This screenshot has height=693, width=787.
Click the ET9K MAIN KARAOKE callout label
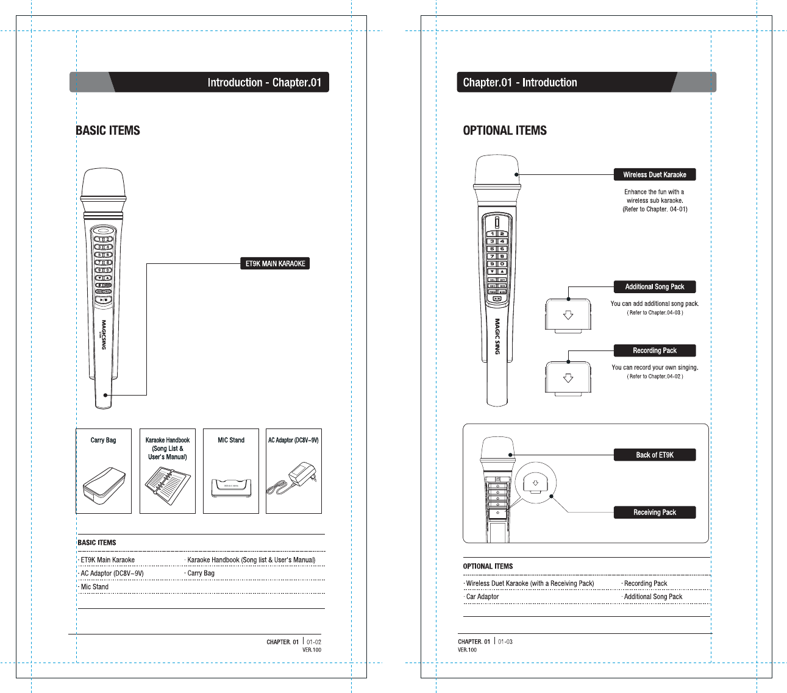point(275,263)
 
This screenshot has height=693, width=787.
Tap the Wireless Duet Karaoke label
point(654,174)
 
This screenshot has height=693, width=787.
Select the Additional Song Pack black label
point(654,286)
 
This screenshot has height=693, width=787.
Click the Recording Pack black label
point(654,350)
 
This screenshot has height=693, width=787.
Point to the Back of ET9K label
point(654,455)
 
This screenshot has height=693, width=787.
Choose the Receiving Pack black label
point(654,513)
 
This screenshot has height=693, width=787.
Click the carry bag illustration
point(104,486)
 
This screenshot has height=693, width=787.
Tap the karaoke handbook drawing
point(167,486)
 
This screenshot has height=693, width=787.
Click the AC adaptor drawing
point(294,479)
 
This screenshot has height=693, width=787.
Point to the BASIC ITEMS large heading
point(108,130)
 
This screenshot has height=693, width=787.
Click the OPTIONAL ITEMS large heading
point(505,130)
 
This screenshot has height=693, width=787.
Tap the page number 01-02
point(313,642)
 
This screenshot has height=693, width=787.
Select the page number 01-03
point(505,642)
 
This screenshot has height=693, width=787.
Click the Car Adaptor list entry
point(482,597)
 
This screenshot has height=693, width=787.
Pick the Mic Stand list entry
point(94,587)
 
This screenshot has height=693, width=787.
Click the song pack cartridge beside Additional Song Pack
point(568,315)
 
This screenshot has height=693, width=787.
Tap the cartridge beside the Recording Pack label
point(568,378)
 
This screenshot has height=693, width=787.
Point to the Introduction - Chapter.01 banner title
point(264,82)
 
